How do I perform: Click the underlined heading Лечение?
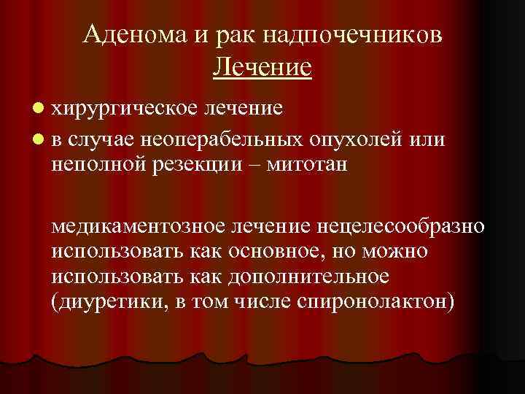coord(262,67)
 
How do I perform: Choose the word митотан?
coord(306,164)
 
